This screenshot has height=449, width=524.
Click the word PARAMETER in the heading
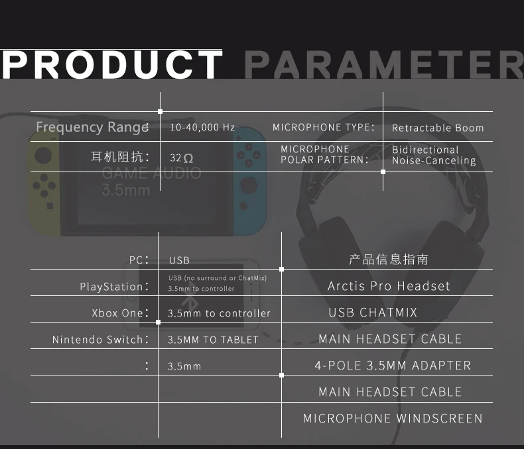383,65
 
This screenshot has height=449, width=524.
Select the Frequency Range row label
92,126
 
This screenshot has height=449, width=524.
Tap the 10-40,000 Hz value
202,127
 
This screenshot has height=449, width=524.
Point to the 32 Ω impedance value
182,158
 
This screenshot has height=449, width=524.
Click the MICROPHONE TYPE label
324,127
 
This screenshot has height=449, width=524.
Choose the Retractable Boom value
438,128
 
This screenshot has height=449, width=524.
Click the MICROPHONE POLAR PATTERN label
324,154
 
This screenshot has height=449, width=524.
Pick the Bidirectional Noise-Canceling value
434,155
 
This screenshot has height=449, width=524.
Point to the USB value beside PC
179,260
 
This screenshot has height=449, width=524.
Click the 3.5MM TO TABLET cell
213,340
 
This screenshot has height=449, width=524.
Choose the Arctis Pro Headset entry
389,286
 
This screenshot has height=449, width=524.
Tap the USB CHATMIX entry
373,313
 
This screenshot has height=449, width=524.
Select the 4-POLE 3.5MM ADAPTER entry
393,366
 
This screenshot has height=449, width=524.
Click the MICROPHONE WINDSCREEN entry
393,419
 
